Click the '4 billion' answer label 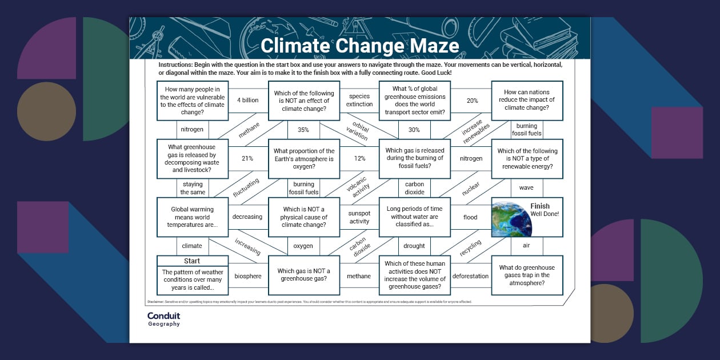pos(248,101)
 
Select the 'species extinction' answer pos(359,101)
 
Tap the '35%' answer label pos(303,130)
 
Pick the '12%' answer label pos(359,158)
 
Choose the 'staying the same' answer pos(193,188)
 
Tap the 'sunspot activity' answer pos(359,217)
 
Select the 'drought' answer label pos(414,246)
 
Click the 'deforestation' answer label pos(471,276)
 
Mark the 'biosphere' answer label pos(248,276)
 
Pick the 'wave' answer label pos(526,187)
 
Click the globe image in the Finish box pos(511,218)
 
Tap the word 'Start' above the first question pos(192,261)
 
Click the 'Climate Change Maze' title pos(359,45)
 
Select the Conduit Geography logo pos(163,319)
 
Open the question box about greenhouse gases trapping pos(527,275)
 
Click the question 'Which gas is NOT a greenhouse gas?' pos(303,275)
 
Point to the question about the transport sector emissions pos(414,101)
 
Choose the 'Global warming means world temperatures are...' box pos(192,217)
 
